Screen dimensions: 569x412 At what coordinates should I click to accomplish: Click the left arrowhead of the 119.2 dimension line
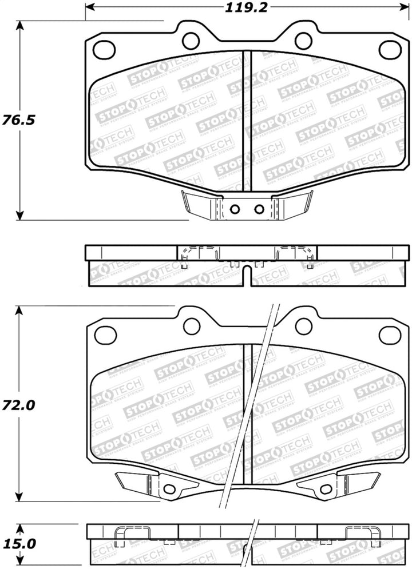(x=88, y=7)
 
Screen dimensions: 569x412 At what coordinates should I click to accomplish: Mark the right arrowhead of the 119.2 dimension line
(x=399, y=7)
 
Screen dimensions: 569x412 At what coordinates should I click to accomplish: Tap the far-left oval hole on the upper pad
(x=104, y=50)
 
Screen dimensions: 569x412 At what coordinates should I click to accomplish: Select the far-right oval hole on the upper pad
(x=389, y=50)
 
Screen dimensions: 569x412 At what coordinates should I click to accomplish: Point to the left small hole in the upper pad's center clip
(x=233, y=209)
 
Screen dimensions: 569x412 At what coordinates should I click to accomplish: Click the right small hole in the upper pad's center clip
(x=259, y=209)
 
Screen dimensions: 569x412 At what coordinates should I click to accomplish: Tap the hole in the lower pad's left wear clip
(x=168, y=490)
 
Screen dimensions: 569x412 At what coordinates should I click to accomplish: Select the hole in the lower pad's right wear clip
(x=325, y=490)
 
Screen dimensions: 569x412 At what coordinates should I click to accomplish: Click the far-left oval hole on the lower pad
(x=105, y=336)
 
